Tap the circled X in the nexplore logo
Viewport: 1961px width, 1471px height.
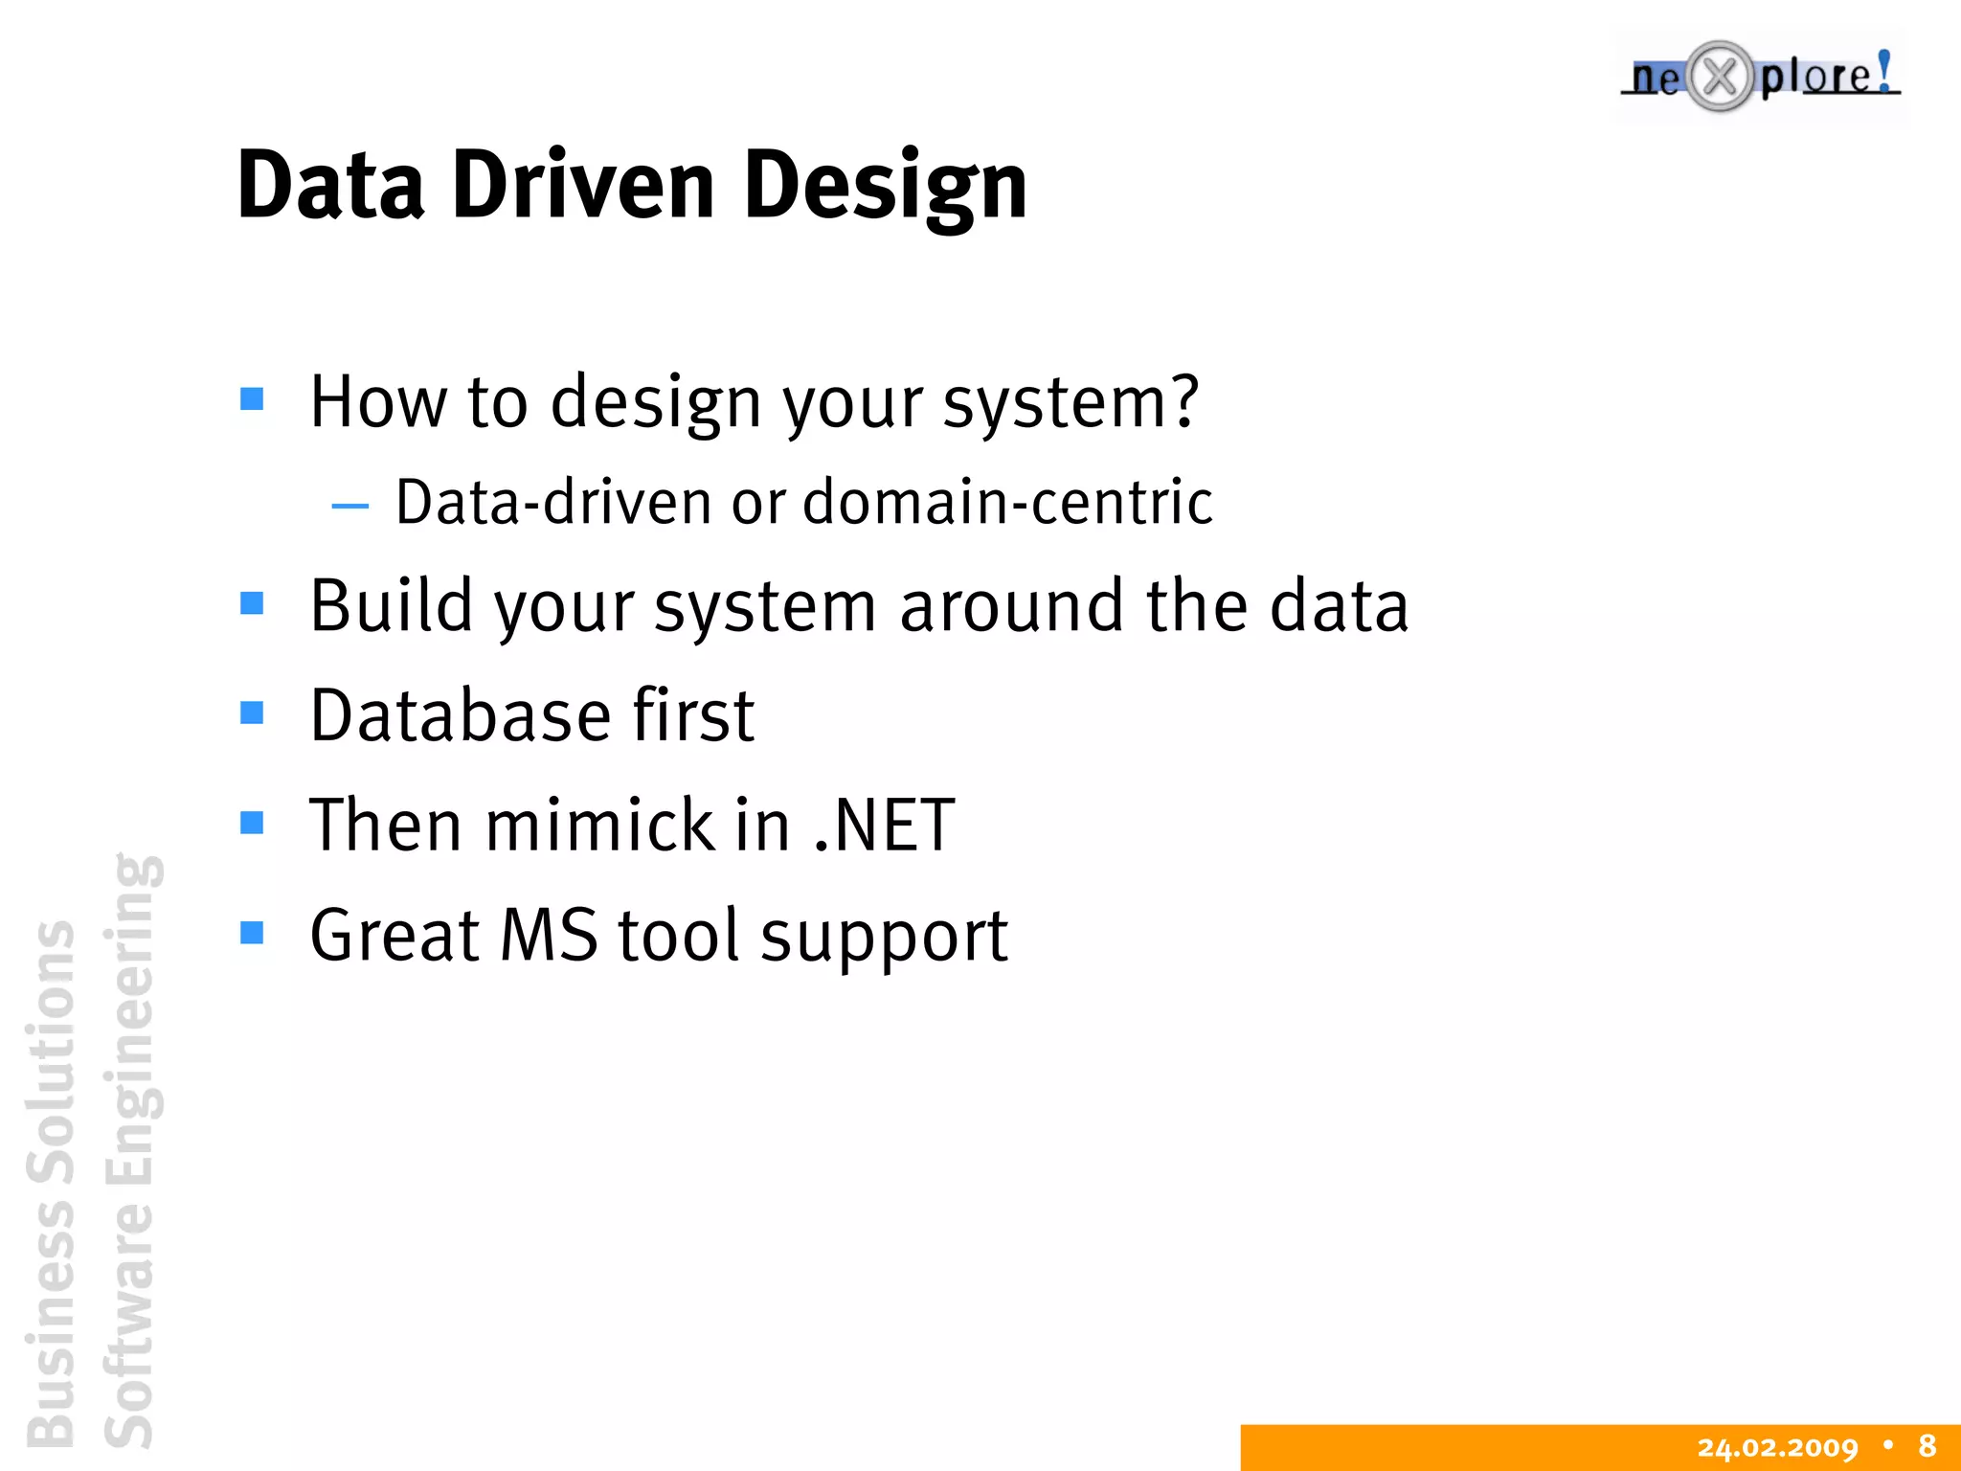point(1720,77)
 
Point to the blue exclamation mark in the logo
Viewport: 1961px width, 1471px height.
point(1883,72)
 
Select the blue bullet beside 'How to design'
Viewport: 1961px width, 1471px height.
point(252,398)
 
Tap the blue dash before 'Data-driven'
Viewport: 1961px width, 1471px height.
point(349,506)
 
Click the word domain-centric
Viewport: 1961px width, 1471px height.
point(1006,502)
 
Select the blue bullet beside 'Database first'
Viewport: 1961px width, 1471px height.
point(252,713)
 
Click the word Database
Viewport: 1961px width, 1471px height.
point(460,716)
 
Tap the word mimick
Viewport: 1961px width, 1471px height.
point(599,826)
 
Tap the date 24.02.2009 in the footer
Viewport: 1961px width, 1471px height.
point(1777,1447)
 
